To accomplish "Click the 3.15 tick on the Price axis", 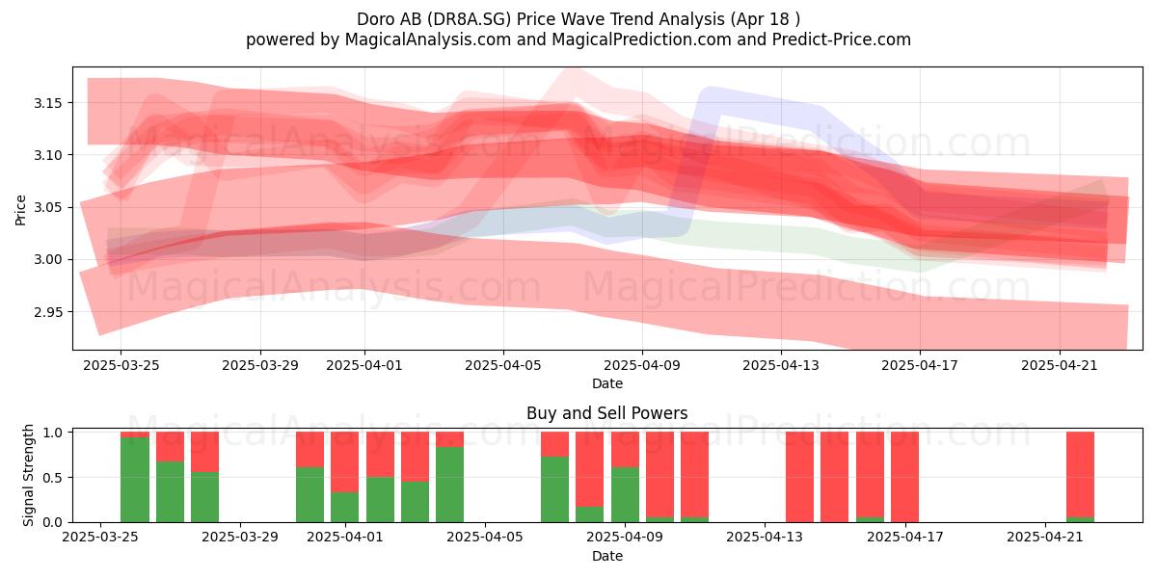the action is coord(47,103).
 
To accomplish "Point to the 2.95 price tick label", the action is coord(47,312).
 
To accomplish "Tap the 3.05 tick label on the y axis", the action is coord(47,207).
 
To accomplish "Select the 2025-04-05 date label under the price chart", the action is coord(503,366).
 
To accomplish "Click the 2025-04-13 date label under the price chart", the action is coord(781,366).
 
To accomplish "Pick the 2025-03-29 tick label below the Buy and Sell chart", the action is coord(240,538).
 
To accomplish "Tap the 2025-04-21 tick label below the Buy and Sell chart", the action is coord(1045,538).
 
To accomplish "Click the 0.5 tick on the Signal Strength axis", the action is coord(53,478).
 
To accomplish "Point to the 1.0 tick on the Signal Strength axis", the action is coord(53,433).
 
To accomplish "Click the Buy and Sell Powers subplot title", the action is coord(606,413).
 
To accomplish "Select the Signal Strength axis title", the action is coord(28,475).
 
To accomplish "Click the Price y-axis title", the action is coord(20,210).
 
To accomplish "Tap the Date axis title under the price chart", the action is coord(606,384).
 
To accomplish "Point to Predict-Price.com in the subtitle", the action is coord(842,39).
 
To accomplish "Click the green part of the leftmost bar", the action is coord(135,480).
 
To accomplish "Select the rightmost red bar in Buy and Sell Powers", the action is coord(1080,475).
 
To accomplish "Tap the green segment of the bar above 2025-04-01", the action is coord(344,508).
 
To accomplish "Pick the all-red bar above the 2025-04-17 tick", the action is coord(905,478).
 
